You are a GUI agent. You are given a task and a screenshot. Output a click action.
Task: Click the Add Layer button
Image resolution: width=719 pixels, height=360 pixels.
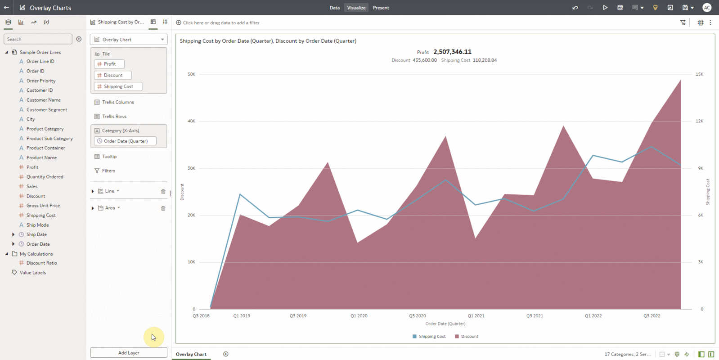(129, 353)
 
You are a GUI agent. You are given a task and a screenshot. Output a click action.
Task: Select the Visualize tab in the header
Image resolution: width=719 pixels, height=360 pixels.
(356, 8)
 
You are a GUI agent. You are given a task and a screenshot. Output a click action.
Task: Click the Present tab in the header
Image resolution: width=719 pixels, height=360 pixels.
(381, 8)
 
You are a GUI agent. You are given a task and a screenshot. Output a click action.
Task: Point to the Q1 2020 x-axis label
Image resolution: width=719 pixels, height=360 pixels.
(359, 316)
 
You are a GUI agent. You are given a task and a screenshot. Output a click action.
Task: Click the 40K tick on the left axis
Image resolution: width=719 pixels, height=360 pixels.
(191, 121)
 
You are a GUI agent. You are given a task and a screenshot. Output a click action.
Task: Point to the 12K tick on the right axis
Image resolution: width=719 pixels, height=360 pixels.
(699, 121)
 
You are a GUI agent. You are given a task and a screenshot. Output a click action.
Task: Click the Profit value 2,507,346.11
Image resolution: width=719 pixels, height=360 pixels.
(452, 52)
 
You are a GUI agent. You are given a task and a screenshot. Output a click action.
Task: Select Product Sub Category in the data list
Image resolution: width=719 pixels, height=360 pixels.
(49, 139)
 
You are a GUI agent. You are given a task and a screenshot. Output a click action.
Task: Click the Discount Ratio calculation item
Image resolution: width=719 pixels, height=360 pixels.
(41, 263)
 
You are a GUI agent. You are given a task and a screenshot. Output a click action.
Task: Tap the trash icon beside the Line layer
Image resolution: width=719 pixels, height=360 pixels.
(163, 191)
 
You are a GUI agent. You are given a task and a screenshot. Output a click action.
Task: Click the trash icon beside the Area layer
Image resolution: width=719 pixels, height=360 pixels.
(163, 208)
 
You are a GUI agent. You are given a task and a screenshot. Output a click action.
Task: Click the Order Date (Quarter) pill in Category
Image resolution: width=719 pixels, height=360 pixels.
(126, 141)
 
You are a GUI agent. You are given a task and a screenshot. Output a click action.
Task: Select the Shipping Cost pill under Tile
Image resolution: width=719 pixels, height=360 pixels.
(118, 86)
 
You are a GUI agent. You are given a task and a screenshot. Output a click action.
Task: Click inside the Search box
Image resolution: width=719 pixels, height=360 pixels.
(38, 39)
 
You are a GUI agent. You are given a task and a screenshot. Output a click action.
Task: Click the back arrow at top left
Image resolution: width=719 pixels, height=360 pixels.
(6, 8)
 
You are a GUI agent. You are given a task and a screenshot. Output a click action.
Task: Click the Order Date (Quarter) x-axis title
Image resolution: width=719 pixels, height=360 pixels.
(445, 324)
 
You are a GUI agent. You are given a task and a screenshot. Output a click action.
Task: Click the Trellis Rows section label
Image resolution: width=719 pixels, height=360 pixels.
(114, 117)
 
